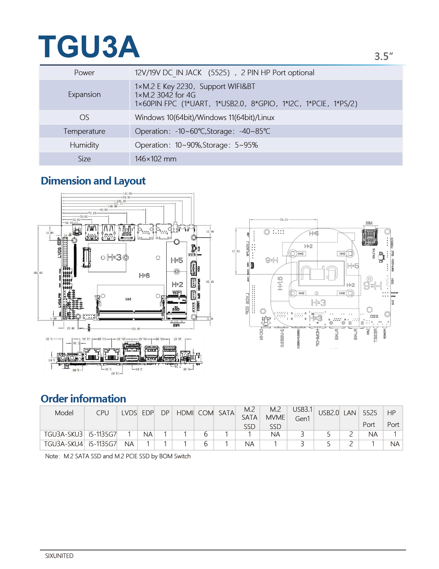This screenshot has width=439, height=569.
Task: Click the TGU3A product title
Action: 89,47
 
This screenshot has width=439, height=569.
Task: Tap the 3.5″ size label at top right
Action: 384,56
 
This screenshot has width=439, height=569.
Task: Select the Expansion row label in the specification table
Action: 84,94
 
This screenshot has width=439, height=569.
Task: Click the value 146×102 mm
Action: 156,159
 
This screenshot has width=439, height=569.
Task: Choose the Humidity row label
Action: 84,145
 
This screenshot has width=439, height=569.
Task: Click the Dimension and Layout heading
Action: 93,181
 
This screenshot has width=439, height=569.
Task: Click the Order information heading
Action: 83,399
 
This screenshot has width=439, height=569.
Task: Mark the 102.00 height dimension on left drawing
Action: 38,273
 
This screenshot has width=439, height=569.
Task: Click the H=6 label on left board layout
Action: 144,276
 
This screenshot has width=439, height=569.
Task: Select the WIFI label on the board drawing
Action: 177,292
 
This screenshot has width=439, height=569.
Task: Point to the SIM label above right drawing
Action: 369,223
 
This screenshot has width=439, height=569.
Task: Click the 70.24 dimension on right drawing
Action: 284,219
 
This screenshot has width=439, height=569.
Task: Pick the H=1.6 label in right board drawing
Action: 280,283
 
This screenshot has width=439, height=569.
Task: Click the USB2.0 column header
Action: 328,413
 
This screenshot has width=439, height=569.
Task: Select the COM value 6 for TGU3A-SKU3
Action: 206,435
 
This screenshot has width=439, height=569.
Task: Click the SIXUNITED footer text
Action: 59,556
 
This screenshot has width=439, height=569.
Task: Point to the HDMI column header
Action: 185,413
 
